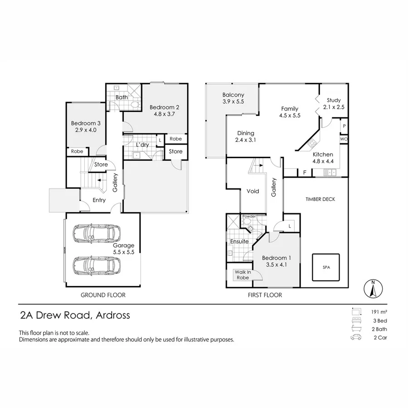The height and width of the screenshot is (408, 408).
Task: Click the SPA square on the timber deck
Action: click(326, 267)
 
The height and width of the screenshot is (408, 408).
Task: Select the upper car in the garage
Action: click(97, 233)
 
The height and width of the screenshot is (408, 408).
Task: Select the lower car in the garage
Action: click(97, 265)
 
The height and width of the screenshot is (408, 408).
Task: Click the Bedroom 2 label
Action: click(165, 107)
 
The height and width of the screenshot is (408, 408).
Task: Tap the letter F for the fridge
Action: click(304, 172)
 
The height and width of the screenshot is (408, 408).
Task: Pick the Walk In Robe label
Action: click(243, 275)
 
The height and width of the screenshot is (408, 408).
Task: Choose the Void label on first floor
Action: click(253, 191)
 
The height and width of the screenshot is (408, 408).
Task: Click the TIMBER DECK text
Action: click(320, 199)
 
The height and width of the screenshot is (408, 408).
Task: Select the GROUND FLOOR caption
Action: click(103, 295)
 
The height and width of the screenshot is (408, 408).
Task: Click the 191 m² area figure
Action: click(378, 312)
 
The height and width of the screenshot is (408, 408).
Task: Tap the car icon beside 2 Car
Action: click(356, 338)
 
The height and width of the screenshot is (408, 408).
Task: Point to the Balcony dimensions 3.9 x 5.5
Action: click(233, 102)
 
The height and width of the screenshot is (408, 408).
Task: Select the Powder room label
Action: click(249, 217)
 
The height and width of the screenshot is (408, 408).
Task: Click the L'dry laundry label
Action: click(143, 145)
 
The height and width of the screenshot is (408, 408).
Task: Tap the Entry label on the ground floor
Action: click(99, 200)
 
